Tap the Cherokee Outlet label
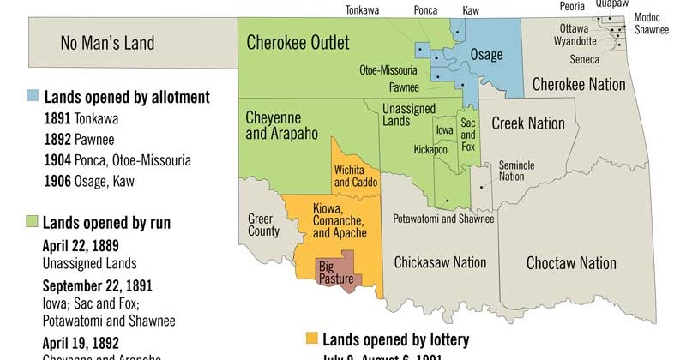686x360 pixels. click(298, 42)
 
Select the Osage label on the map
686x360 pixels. click(486, 55)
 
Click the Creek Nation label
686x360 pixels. click(528, 123)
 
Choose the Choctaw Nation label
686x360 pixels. click(571, 262)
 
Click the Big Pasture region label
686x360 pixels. click(336, 272)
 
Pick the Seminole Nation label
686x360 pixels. click(511, 171)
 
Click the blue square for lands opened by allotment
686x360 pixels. click(33, 97)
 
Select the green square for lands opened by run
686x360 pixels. click(33, 223)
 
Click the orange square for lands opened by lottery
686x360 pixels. click(312, 339)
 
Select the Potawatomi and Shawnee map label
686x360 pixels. click(443, 219)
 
